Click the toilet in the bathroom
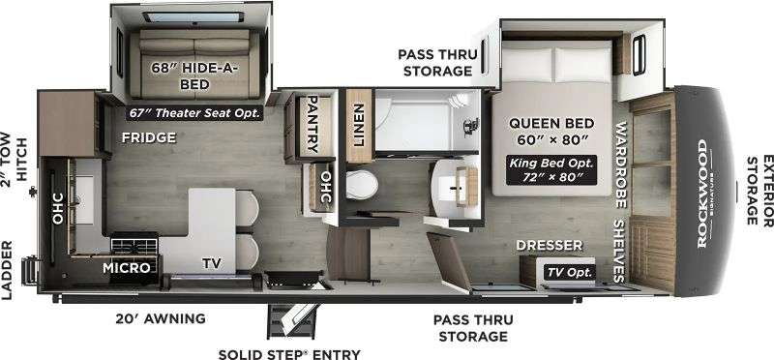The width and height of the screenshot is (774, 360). tap(362, 185)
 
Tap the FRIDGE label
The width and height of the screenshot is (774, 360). tap(149, 137)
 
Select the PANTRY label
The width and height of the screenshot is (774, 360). tap(313, 124)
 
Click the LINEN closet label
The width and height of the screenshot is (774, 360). tap(359, 125)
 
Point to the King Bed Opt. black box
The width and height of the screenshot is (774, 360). tap(551, 170)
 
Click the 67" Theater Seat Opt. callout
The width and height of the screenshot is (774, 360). tap(194, 113)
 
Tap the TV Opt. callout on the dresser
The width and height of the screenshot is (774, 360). tap(569, 272)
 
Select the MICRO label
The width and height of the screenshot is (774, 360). tap(127, 268)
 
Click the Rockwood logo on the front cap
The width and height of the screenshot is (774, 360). tap(703, 194)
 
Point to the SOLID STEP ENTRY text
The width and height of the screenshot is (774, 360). tap(289, 354)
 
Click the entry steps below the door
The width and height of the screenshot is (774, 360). tap(292, 320)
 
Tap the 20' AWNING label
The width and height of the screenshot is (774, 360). tap(161, 318)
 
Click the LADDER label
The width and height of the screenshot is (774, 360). tap(7, 271)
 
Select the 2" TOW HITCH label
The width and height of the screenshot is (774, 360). tap(14, 157)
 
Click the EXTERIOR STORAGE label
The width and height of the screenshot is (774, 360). tap(759, 190)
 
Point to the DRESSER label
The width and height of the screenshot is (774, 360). tap(549, 246)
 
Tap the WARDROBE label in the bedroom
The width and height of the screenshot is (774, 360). tap(621, 165)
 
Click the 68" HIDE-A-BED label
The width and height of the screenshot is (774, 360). tap(194, 75)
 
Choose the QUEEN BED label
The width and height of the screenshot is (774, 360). tap(551, 123)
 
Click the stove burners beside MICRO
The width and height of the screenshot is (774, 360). tap(134, 245)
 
